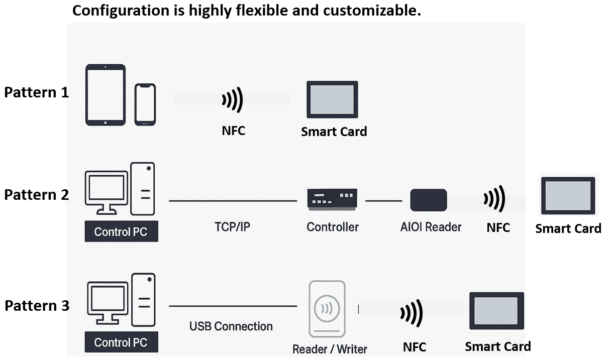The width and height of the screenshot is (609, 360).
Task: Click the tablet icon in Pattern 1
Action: point(106,94)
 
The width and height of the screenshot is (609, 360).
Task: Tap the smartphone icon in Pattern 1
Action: point(145,104)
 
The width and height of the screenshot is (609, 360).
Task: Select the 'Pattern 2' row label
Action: point(36,195)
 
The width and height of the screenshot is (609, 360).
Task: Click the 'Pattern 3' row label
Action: point(37,306)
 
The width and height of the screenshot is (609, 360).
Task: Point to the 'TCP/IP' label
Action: point(232,226)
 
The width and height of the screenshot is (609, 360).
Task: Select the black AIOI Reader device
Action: point(429,200)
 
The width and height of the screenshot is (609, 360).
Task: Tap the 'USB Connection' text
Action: point(231,326)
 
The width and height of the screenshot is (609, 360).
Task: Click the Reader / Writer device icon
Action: point(327,309)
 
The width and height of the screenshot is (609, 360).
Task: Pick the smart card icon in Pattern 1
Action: point(333,99)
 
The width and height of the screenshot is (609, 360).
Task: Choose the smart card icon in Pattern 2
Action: point(568,196)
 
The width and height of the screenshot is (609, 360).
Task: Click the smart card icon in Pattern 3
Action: point(496,310)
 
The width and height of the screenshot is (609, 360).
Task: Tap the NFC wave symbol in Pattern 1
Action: point(233,99)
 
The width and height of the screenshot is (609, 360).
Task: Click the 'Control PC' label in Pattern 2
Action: point(121,232)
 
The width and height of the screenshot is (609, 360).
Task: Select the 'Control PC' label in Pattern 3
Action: point(121,342)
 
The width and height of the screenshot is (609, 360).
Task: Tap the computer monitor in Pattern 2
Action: point(107,191)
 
